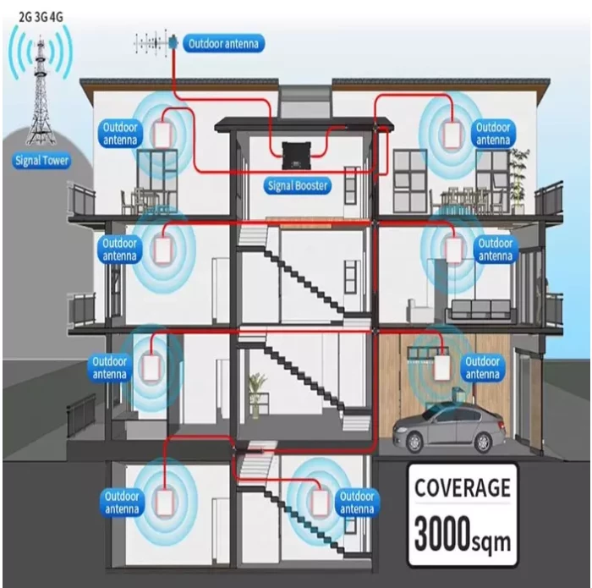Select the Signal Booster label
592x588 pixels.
[x=298, y=185]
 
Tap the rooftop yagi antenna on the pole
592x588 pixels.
[x=158, y=41]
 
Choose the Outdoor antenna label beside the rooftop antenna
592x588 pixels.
[x=225, y=44]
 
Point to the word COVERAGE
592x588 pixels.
[x=462, y=488]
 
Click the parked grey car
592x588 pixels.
[x=450, y=427]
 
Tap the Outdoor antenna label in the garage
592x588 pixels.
[x=482, y=368]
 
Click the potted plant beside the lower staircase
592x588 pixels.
[x=257, y=393]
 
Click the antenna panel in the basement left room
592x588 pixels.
[x=163, y=501]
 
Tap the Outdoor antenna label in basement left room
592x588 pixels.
[x=120, y=503]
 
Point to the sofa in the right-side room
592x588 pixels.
[x=480, y=309]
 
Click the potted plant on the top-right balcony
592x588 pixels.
[x=519, y=173]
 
